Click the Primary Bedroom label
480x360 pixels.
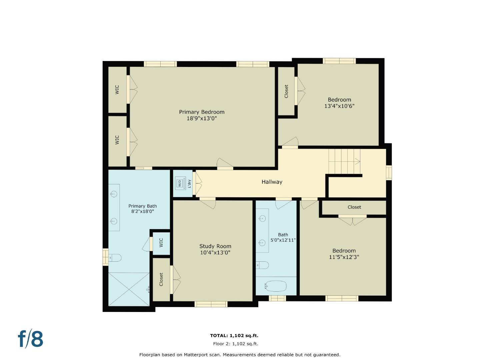click(x=202, y=112)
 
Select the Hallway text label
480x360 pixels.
click(x=272, y=182)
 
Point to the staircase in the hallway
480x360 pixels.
click(x=344, y=161)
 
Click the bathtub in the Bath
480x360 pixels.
click(x=276, y=286)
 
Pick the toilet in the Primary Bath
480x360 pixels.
click(x=115, y=258)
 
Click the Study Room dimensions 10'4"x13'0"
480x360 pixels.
click(x=215, y=253)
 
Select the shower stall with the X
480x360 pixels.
click(x=129, y=289)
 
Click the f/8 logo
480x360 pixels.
click(x=31, y=339)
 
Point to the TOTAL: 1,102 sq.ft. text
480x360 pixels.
click(x=234, y=336)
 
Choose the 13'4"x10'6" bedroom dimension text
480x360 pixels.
click(x=339, y=106)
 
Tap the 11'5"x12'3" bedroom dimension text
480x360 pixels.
click(x=344, y=257)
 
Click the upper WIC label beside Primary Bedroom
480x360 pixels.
click(x=117, y=89)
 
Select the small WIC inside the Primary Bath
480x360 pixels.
click(x=161, y=242)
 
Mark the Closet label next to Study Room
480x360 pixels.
click(x=161, y=279)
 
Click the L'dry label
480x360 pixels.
click(x=189, y=184)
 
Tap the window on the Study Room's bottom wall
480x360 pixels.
click(x=211, y=304)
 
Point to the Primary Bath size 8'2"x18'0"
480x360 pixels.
click(x=142, y=211)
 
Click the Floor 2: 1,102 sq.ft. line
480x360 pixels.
click(x=235, y=344)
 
